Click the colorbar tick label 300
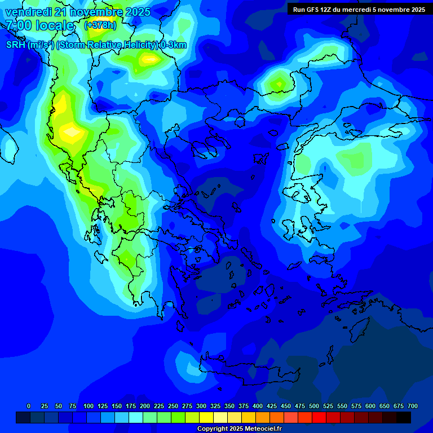click(201, 406)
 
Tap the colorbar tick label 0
click(29, 406)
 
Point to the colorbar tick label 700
click(412, 406)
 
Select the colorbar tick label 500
click(314, 406)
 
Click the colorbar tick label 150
click(117, 406)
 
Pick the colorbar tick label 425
click(272, 406)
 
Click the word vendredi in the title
click(29, 12)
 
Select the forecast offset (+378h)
click(100, 25)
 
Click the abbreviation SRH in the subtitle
click(15, 45)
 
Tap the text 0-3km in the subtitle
click(174, 45)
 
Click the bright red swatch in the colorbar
click(319, 417)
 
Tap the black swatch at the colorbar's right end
click(404, 417)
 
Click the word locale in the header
click(54, 25)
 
